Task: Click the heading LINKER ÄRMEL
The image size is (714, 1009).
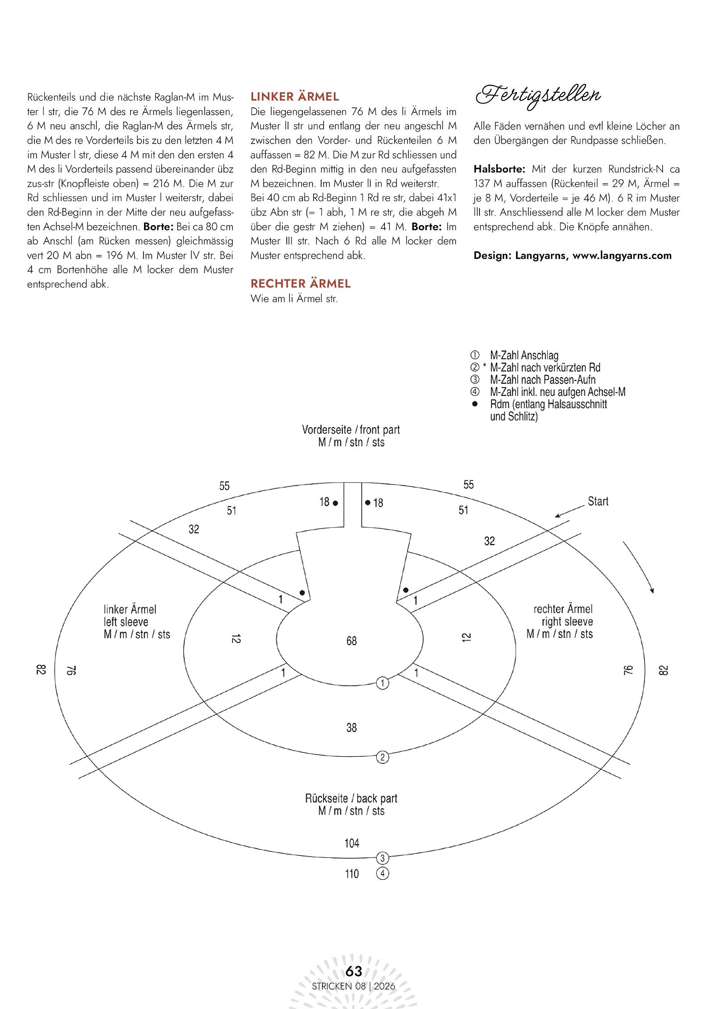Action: coord(295,97)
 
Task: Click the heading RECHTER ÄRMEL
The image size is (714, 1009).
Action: coord(301,284)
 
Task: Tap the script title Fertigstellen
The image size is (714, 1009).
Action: coord(538,95)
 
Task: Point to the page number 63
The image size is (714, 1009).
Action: coord(354,971)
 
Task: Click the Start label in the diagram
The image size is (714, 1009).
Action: coord(598,502)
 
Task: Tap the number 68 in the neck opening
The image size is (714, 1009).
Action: coord(351,641)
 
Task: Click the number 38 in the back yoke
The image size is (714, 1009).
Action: coord(351,728)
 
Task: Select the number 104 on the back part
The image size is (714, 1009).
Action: coord(351,843)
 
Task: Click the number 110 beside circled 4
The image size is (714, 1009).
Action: coord(352,874)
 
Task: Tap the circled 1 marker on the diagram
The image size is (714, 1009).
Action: coord(383,683)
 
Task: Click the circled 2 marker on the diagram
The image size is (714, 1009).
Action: coord(383,757)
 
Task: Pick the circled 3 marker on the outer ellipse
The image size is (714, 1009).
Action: coord(383,858)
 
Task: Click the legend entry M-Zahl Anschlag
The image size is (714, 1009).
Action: coord(524,355)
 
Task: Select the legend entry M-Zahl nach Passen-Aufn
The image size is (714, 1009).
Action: coord(542,380)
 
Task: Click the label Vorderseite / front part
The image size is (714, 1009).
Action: coord(351,430)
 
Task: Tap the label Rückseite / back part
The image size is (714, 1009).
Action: coord(351,799)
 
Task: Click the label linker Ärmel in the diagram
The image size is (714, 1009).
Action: coord(130,610)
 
